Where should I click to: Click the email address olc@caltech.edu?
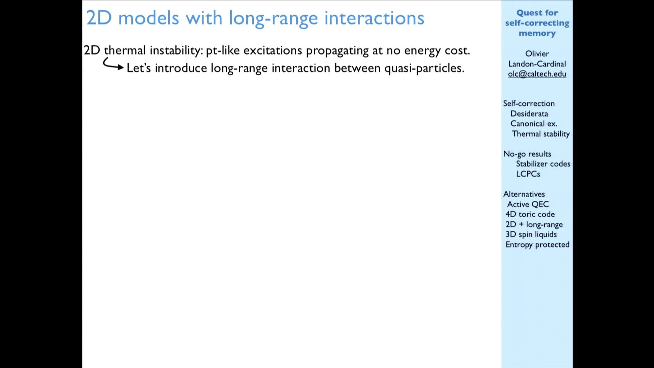coord(537,74)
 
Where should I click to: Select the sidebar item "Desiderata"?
coord(529,114)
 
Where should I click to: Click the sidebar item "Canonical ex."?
coord(534,124)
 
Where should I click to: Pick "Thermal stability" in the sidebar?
coord(541,134)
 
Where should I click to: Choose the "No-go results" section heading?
coord(527,154)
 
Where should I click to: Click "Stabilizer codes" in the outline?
coord(543,164)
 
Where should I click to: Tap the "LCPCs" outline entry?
coord(528,174)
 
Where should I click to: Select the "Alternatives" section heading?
coord(524,194)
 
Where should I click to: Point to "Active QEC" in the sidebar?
coord(528,204)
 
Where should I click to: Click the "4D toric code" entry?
coord(530,214)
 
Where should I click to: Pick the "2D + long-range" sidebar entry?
coord(534,225)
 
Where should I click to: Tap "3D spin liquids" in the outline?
coord(531,234)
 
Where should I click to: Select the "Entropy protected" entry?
coord(538,245)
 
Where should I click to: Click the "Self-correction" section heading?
coord(529,104)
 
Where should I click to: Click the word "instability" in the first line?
coord(176,51)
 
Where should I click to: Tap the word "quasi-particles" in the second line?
coord(424,68)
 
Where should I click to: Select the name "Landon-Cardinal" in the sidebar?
coord(537,64)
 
